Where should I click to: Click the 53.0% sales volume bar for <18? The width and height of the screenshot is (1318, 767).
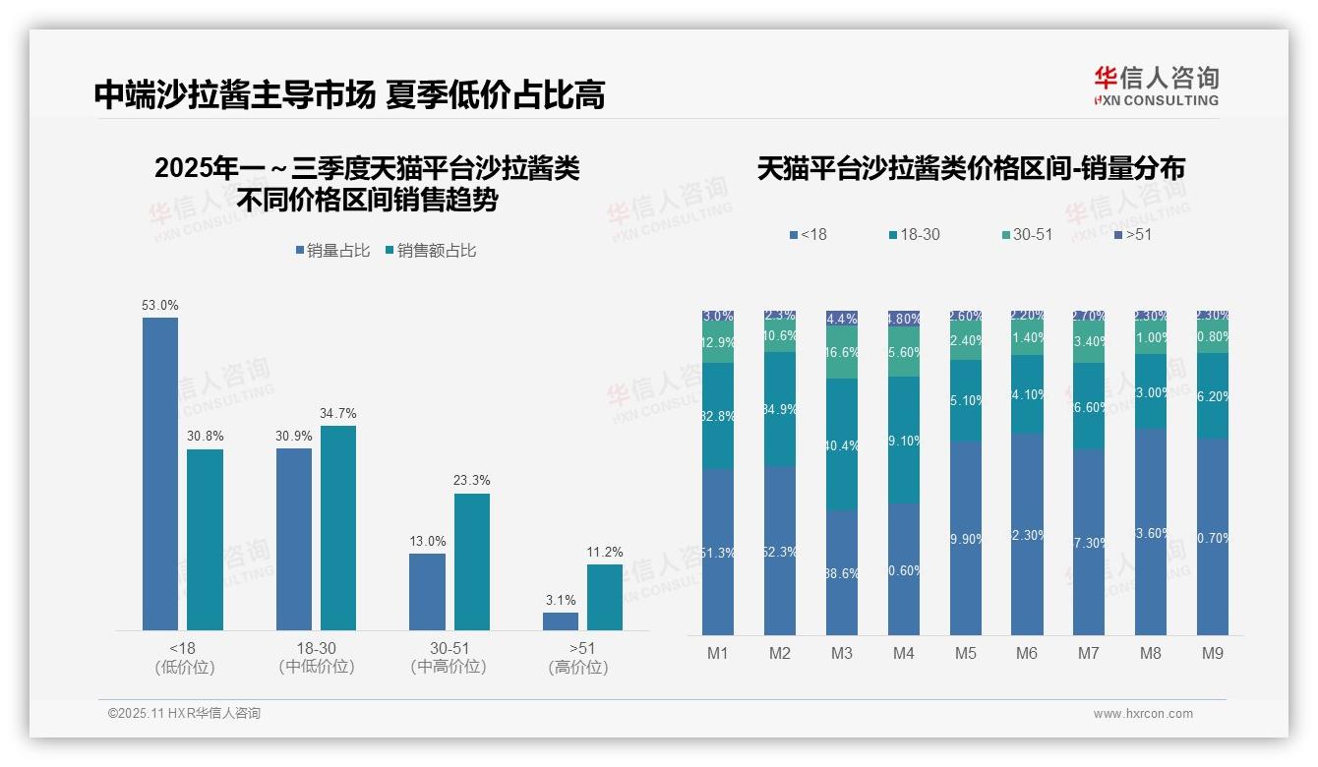click(x=160, y=473)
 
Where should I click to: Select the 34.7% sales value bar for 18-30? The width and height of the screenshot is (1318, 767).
click(x=338, y=527)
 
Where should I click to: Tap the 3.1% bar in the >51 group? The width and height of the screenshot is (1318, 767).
click(x=561, y=620)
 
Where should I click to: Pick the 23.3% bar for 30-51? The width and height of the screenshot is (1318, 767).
click(x=471, y=560)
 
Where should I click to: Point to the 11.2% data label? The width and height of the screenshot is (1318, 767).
click(x=604, y=552)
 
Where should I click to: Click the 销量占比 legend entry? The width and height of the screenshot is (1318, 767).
click(x=332, y=251)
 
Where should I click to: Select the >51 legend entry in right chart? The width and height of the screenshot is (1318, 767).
click(x=1132, y=234)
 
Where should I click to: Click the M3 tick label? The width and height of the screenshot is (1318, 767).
click(x=842, y=654)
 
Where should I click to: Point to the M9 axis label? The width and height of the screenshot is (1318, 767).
click(x=1213, y=654)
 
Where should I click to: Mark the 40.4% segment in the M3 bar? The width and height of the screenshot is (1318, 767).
click(x=842, y=444)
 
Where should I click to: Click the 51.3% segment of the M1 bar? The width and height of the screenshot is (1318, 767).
click(x=718, y=552)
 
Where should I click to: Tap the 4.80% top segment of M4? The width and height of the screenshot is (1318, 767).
click(x=904, y=319)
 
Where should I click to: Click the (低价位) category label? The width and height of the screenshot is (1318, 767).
click(x=184, y=667)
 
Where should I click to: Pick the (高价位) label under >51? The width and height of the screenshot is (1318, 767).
click(x=578, y=667)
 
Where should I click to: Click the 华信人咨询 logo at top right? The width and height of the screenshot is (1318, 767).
click(x=1156, y=86)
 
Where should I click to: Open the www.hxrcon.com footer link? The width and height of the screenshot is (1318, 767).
click(x=1143, y=714)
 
